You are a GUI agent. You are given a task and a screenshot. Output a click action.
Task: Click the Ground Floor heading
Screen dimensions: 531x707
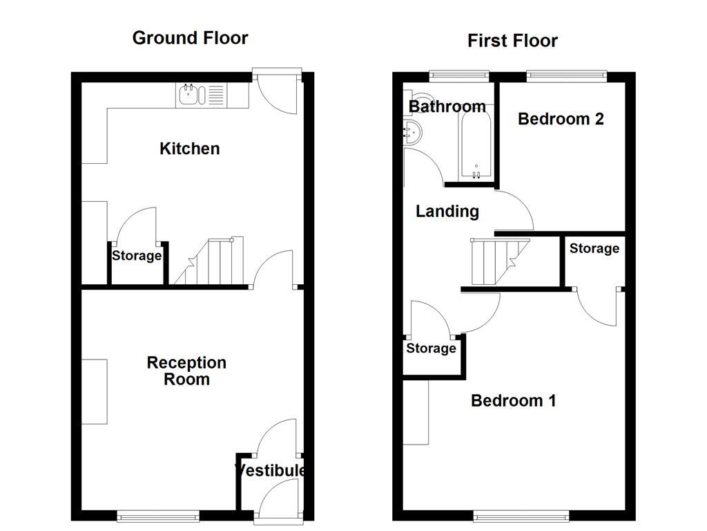tap(190, 38)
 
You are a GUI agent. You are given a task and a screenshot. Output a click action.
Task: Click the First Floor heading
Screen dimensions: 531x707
tap(512, 41)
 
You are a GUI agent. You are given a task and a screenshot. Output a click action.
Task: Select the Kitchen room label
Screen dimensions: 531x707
tap(190, 149)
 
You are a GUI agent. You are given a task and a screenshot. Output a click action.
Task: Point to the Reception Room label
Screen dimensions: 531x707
tap(186, 371)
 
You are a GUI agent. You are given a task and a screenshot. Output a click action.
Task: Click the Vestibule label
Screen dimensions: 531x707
tap(270, 471)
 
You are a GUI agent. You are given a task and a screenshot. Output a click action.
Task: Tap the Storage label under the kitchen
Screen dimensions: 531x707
tap(137, 257)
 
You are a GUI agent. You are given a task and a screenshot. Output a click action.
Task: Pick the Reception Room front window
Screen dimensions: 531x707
tap(158, 515)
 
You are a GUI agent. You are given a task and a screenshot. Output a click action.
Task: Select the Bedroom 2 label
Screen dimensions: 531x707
tap(561, 119)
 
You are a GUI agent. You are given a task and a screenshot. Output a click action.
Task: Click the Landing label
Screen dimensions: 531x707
tap(447, 212)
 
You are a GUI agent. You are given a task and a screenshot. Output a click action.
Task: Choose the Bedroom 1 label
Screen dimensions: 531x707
tap(513, 401)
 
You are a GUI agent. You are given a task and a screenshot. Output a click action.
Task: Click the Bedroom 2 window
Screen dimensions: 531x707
tap(566, 75)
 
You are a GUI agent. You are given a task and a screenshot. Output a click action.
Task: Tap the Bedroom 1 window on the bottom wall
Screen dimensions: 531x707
tap(521, 515)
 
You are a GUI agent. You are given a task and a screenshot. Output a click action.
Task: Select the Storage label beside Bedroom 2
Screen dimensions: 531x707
tap(594, 249)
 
